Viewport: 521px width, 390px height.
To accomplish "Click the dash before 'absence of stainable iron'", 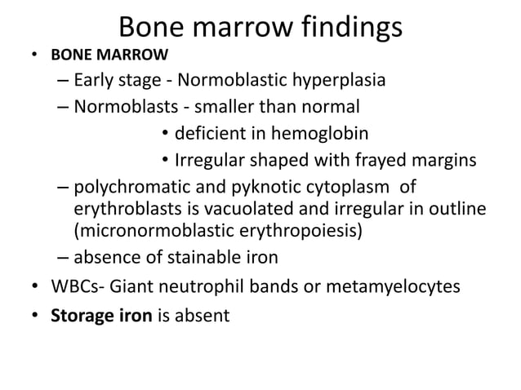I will coord(64,258).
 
